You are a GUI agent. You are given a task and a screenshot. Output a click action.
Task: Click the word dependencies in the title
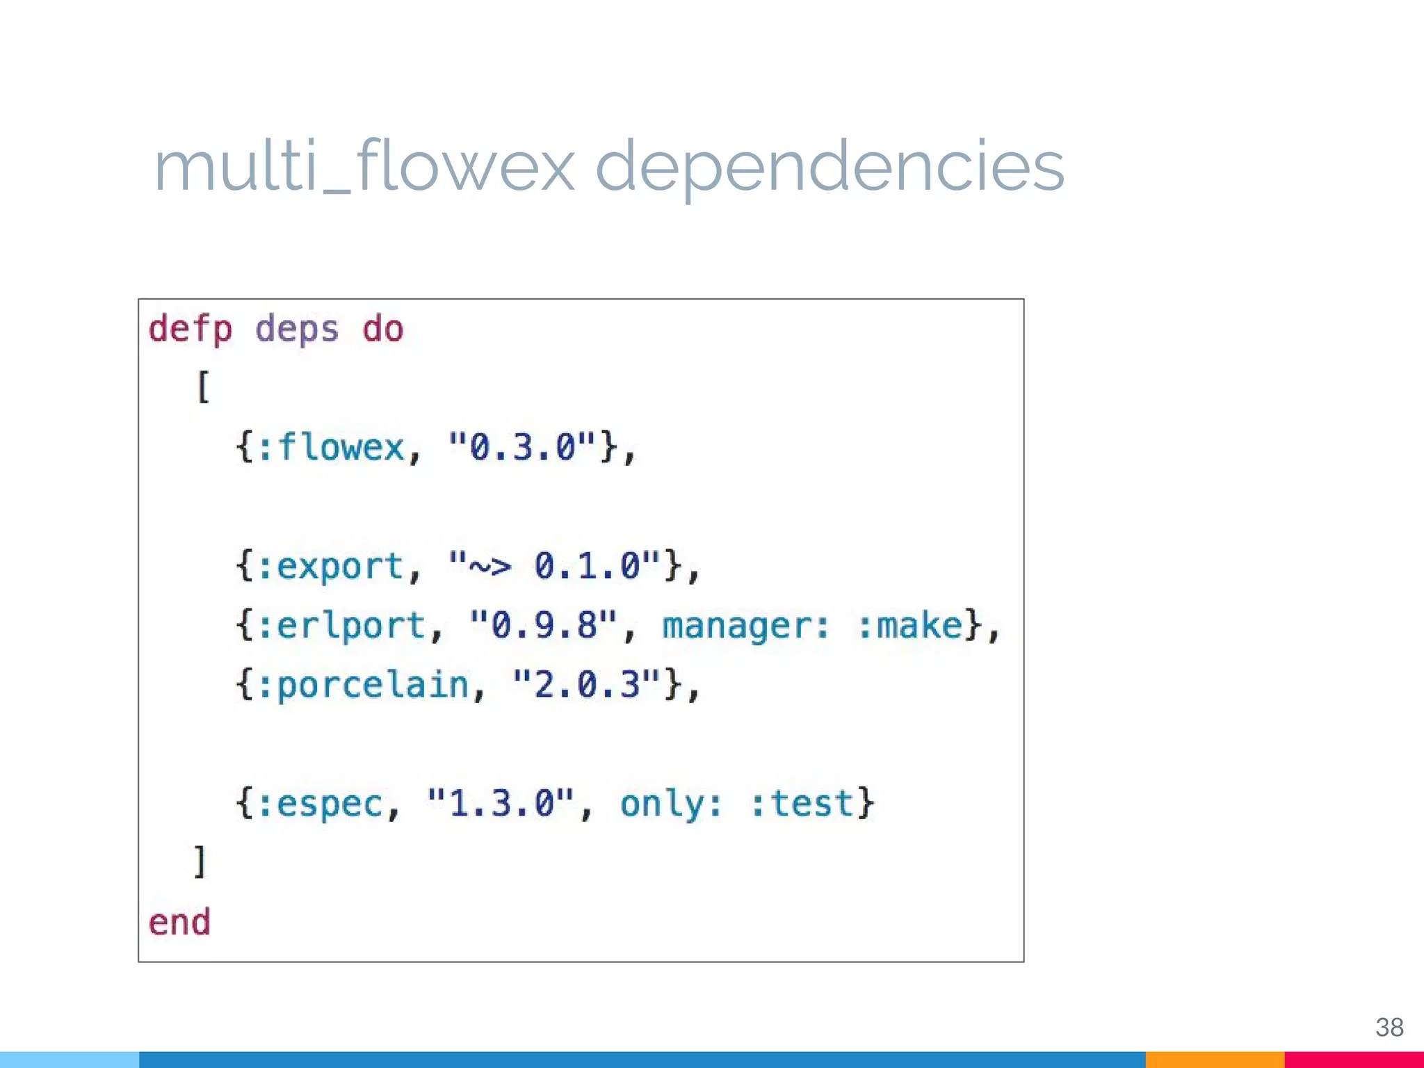coord(830,167)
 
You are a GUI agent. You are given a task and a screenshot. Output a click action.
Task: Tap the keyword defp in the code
coord(190,329)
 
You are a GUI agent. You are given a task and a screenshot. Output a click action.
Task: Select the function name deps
coord(297,329)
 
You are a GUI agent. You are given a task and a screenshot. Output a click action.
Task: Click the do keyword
coord(382,329)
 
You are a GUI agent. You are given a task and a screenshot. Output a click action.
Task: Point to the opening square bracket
coord(202,387)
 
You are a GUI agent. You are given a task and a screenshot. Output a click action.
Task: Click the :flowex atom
coord(332,447)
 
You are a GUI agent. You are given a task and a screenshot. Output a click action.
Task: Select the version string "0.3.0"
coord(522,447)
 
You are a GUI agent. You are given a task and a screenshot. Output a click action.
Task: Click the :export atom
coord(332,566)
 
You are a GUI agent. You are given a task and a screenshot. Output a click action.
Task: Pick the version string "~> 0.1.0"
coord(554,566)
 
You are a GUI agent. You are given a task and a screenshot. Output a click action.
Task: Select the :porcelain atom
coord(364,685)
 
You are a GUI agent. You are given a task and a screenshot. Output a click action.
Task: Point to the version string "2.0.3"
coord(586,685)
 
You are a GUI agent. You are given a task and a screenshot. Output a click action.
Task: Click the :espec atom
coord(321,804)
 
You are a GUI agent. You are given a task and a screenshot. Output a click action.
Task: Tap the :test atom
coord(803,804)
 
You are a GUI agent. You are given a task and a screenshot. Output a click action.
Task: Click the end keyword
coord(179,923)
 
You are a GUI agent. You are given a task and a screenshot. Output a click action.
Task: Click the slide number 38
coord(1389,1027)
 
